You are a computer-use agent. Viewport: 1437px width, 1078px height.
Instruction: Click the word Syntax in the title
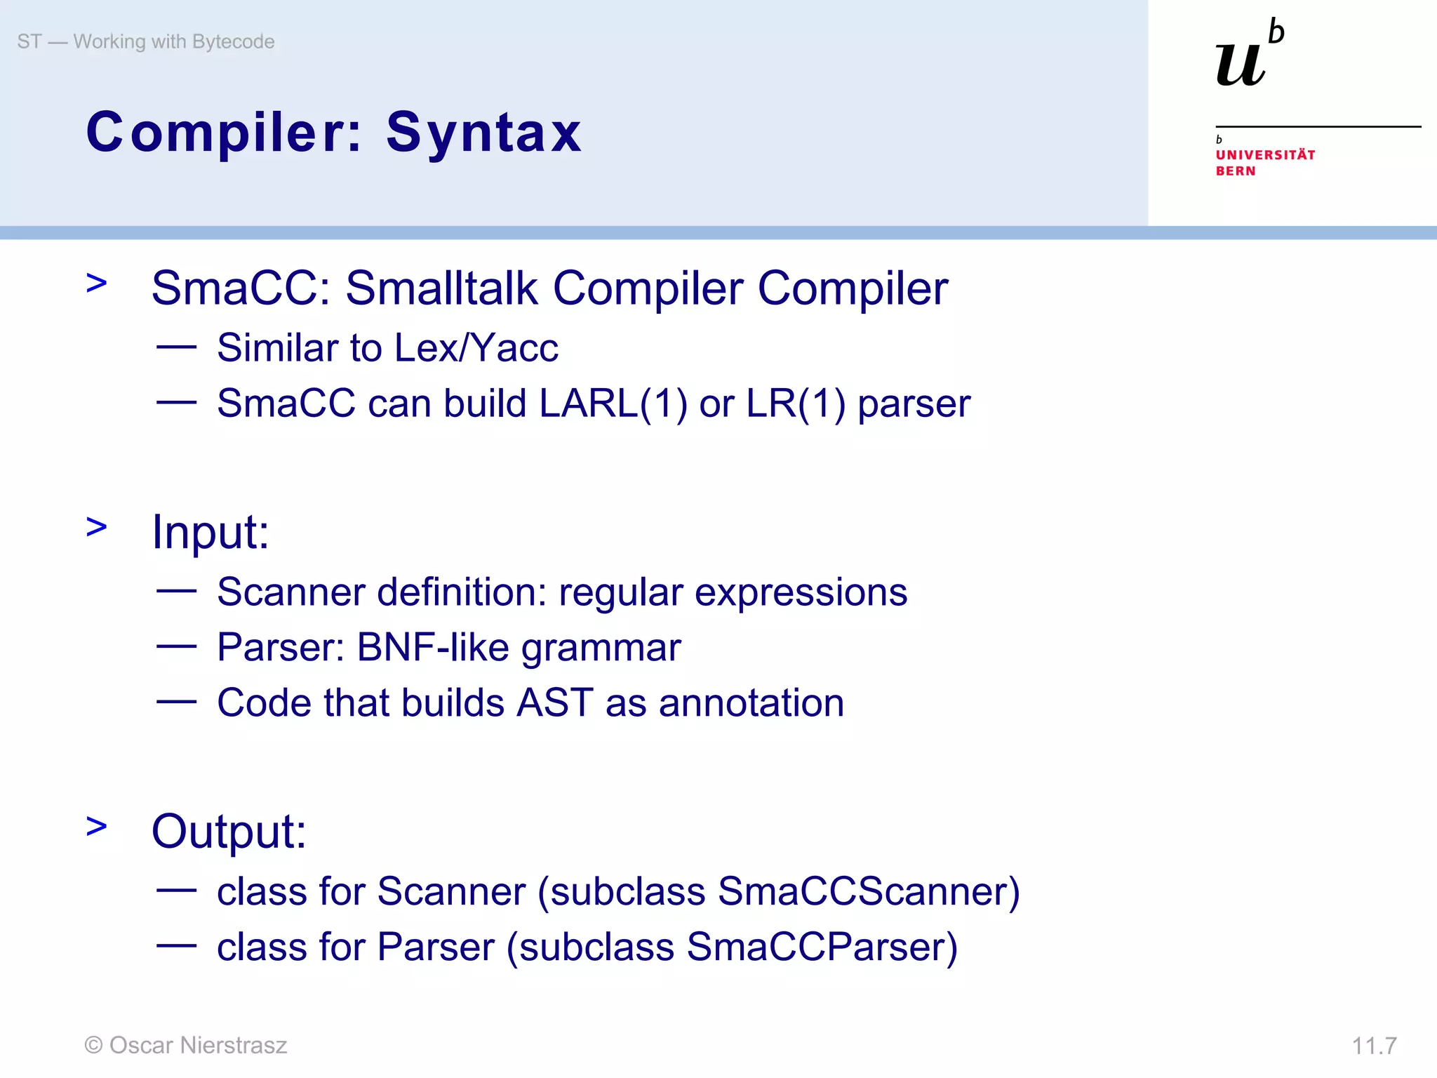(483, 133)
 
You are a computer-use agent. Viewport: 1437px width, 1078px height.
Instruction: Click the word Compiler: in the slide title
(223, 133)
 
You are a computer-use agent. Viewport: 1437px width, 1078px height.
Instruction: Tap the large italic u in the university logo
(1240, 65)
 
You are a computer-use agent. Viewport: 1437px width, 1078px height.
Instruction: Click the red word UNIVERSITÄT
(1265, 155)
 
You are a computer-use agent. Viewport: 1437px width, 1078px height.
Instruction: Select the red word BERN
(1235, 171)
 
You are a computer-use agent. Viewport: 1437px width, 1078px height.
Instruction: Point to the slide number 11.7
(1374, 1046)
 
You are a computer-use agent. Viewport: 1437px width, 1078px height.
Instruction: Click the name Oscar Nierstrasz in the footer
(199, 1045)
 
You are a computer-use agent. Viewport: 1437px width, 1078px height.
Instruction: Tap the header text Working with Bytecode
(174, 42)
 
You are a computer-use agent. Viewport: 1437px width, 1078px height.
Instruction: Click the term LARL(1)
(613, 404)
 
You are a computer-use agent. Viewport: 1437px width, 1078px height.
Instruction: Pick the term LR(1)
(796, 404)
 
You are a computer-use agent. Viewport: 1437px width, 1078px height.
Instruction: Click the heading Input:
(210, 532)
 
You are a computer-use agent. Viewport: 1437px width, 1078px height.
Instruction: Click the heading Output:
(229, 832)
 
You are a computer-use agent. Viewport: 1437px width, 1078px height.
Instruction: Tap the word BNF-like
(433, 647)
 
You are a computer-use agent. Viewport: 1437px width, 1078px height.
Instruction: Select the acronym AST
(555, 703)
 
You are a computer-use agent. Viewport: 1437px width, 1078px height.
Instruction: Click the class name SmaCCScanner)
(869, 892)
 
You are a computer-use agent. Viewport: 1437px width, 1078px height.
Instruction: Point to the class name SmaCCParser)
(822, 947)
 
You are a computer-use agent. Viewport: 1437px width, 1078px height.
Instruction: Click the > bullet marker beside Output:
(97, 827)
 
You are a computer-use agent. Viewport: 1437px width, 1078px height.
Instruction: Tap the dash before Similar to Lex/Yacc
(176, 346)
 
